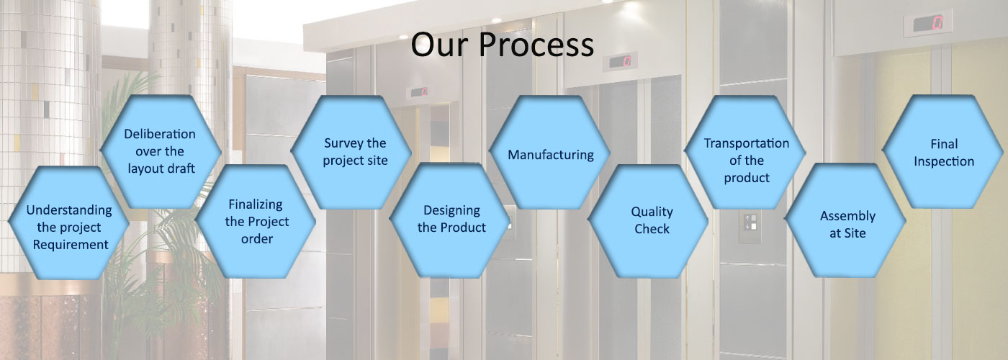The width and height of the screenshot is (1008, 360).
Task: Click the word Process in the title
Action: pyautogui.click(x=536, y=45)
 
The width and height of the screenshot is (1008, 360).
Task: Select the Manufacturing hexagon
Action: pyautogui.click(x=550, y=152)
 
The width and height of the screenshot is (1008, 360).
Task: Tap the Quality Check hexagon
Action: pyautogui.click(x=648, y=220)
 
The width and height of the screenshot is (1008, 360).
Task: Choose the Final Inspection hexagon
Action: pyautogui.click(x=942, y=152)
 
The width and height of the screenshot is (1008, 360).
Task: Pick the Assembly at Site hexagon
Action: pyautogui.click(x=845, y=220)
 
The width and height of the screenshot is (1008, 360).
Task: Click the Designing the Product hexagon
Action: pyautogui.click(x=450, y=220)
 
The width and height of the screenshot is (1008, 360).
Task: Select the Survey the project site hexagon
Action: pyautogui.click(x=351, y=152)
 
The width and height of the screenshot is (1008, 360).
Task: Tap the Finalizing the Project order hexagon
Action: pyautogui.click(x=256, y=221)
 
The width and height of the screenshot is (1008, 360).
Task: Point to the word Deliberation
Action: pyautogui.click(x=160, y=134)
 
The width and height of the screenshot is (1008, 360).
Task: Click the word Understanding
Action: pyautogui.click(x=69, y=210)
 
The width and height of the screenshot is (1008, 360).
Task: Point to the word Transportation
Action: pyautogui.click(x=747, y=143)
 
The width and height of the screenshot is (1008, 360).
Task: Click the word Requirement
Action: pyautogui.click(x=71, y=245)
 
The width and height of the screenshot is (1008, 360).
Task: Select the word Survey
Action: pyautogui.click(x=341, y=143)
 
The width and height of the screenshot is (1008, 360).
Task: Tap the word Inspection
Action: pyautogui.click(x=944, y=161)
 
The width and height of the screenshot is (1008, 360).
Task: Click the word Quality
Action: pyautogui.click(x=652, y=212)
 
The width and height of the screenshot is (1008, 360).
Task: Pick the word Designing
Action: pyautogui.click(x=452, y=210)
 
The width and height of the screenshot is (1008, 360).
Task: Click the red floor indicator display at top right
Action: pyautogui.click(x=928, y=23)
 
